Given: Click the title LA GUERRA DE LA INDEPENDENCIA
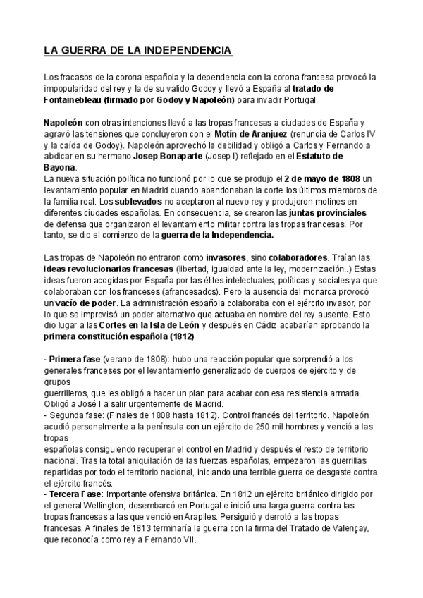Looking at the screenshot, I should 138,51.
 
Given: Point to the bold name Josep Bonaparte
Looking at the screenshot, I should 197,156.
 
